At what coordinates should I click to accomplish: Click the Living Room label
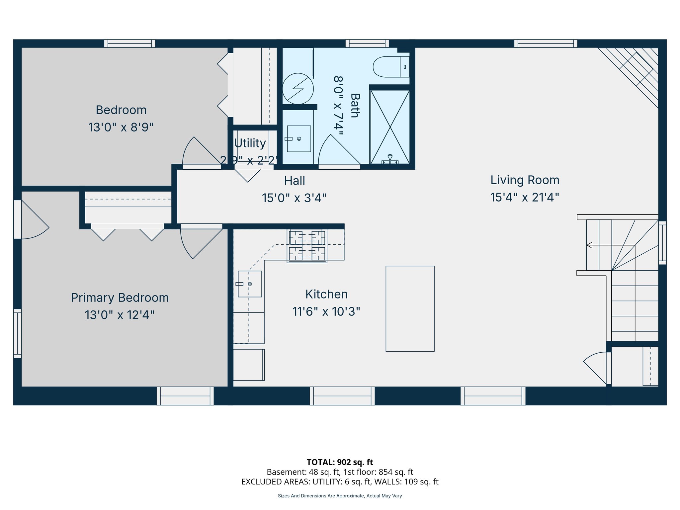(x=525, y=180)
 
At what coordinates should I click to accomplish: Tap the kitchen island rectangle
(x=410, y=308)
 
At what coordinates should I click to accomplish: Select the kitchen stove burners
(x=307, y=246)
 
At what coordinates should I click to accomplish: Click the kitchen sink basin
(x=250, y=284)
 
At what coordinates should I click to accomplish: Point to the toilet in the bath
(x=390, y=67)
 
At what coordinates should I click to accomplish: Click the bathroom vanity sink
(x=299, y=139)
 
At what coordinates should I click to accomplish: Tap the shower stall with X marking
(x=390, y=127)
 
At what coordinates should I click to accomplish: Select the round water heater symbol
(x=298, y=89)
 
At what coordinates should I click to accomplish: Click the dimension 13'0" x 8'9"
(x=121, y=127)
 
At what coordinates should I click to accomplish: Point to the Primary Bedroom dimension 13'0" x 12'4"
(x=120, y=315)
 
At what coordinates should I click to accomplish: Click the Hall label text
(x=295, y=181)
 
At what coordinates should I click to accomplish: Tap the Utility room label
(x=250, y=143)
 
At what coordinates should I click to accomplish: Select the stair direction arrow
(x=590, y=245)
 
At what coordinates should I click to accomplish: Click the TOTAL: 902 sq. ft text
(x=340, y=462)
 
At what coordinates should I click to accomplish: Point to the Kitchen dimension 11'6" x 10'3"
(x=326, y=311)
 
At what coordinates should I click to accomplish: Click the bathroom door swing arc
(x=335, y=149)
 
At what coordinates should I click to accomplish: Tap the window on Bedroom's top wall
(x=129, y=43)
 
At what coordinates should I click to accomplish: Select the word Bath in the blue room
(x=355, y=106)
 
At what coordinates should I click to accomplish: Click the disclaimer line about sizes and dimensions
(x=340, y=496)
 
